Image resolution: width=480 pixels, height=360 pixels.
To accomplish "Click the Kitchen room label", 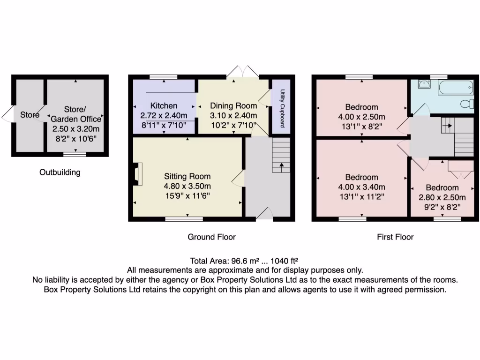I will pyautogui.click(x=164, y=106).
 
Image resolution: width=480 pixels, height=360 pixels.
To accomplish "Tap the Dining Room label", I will pyautogui.click(x=233, y=105).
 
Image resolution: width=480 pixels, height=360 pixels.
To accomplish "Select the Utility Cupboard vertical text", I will pyautogui.click(x=282, y=108).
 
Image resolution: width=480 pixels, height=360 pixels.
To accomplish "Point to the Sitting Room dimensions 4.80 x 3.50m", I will pyautogui.click(x=187, y=186).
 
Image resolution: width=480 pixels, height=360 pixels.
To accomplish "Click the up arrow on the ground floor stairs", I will pyautogui.click(x=281, y=167).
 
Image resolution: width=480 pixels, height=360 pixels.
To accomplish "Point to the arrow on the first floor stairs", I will pyautogui.click(x=447, y=125).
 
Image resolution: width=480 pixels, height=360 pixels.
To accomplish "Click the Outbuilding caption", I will pyautogui.click(x=60, y=172).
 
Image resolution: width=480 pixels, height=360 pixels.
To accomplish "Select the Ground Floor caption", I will pyautogui.click(x=211, y=237).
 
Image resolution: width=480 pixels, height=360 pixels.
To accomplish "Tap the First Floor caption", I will pyautogui.click(x=395, y=237).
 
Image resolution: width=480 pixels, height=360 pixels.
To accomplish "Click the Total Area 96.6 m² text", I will pyautogui.click(x=244, y=261).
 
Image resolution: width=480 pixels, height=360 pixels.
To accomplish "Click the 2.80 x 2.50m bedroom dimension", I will pyautogui.click(x=442, y=197).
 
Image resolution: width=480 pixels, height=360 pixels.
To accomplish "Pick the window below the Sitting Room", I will pyautogui.click(x=184, y=219).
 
